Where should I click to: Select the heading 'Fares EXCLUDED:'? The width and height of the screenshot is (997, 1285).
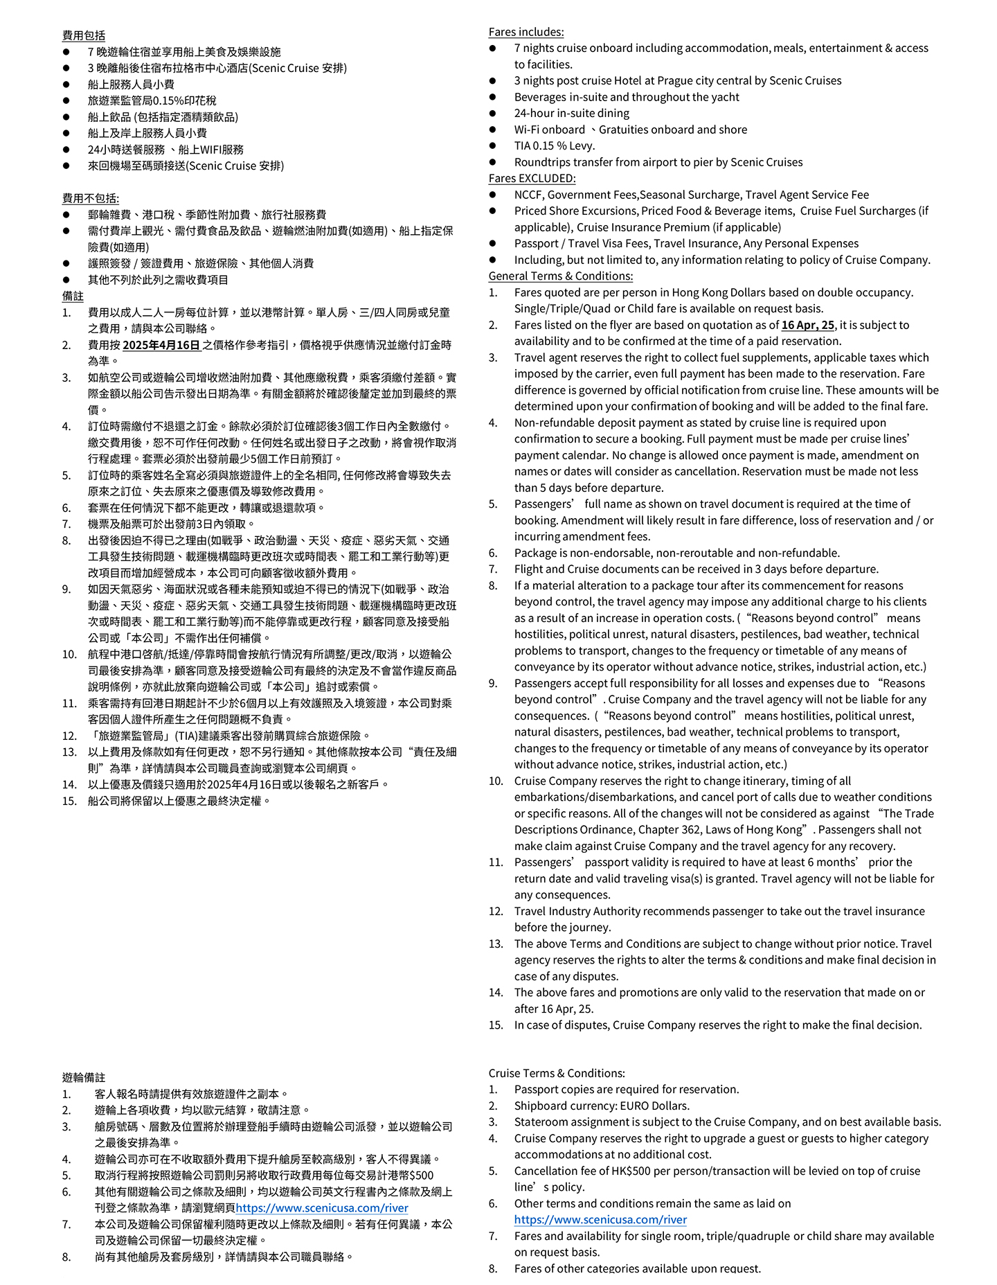[532, 178]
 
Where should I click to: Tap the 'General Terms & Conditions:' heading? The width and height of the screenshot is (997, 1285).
[560, 276]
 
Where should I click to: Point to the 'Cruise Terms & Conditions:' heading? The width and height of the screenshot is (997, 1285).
[556, 1073]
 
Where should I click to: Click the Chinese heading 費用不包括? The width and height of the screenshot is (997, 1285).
[90, 199]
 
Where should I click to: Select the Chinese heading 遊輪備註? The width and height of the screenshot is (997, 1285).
[83, 1077]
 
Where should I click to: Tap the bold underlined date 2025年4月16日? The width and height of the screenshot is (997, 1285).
[161, 345]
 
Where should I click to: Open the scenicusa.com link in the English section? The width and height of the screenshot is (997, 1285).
[600, 1220]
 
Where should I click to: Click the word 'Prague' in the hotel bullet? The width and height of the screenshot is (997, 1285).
[675, 80]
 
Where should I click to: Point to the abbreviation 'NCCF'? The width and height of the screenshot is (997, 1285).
[528, 195]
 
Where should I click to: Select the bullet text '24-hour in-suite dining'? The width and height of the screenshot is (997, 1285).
[571, 113]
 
